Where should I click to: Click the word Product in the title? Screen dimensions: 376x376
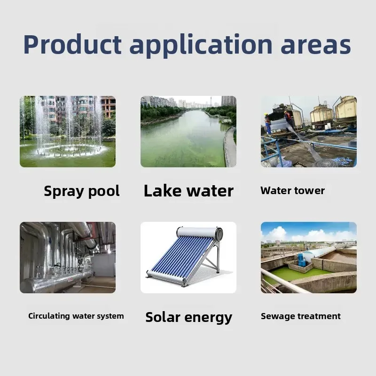72,45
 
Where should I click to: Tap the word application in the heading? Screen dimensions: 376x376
201,46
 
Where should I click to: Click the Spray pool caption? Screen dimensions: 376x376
82,191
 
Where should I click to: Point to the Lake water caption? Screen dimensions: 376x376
188,191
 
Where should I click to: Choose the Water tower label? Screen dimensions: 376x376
292,191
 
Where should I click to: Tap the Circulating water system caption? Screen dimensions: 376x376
76,316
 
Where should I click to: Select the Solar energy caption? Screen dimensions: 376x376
189,318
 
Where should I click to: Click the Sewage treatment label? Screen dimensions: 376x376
301,316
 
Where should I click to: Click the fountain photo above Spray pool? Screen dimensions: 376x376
68,132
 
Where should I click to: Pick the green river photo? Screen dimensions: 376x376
188,132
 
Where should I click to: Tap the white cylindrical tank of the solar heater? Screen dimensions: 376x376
199,232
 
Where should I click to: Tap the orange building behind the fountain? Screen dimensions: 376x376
108,106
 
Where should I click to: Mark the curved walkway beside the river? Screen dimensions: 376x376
230,146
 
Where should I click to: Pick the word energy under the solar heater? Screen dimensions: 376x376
208,318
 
